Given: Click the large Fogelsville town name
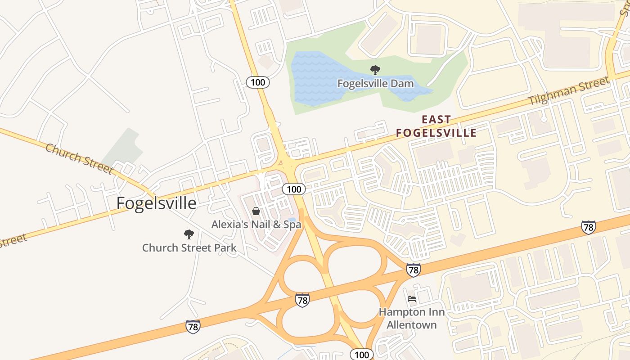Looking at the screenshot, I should [x=156, y=203].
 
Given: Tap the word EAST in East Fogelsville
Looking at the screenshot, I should [x=436, y=120].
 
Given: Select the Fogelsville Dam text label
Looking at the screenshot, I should [x=375, y=84].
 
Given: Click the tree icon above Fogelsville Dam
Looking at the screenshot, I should [x=375, y=70].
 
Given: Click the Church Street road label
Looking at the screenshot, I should [x=79, y=158].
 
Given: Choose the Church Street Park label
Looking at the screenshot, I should [x=189, y=248].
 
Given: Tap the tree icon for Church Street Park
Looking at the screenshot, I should [x=189, y=234].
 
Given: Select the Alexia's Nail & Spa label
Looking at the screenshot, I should [x=256, y=224].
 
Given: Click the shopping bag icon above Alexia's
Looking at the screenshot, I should [x=256, y=211].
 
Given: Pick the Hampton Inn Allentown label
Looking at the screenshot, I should [x=411, y=318].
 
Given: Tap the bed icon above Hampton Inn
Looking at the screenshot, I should [x=411, y=298].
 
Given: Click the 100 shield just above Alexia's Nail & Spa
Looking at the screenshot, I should [x=294, y=189].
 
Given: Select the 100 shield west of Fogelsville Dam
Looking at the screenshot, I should [x=258, y=82].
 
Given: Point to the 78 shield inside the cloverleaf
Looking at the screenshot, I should [x=302, y=300].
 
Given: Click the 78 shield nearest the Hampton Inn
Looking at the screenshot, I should [x=413, y=270].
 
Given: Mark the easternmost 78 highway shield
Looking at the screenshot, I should [x=588, y=227].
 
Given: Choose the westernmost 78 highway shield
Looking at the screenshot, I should [x=193, y=326].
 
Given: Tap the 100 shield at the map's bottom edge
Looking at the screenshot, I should [x=361, y=355].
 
